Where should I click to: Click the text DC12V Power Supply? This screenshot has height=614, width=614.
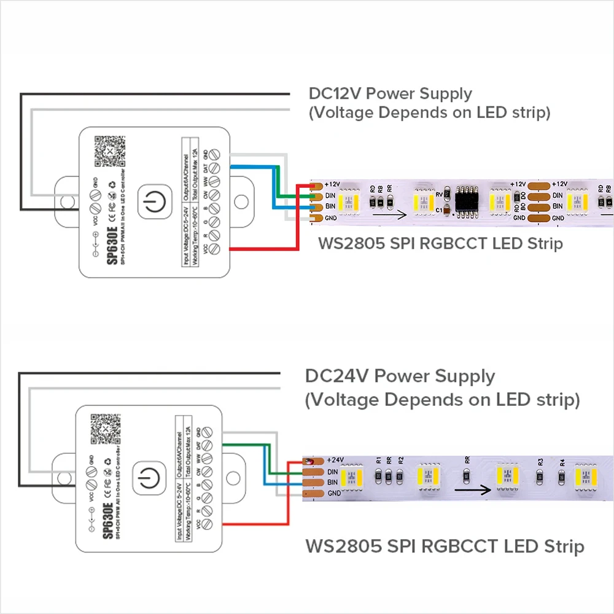(x=390, y=94)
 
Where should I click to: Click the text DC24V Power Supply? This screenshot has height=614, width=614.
(x=400, y=376)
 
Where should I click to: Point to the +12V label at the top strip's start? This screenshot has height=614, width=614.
(x=333, y=184)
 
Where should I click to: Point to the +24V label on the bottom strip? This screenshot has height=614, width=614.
(x=336, y=460)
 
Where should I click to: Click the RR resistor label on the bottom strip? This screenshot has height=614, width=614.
(x=467, y=459)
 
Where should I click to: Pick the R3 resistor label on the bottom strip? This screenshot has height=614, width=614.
(x=540, y=461)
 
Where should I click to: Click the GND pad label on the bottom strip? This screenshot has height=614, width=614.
(x=334, y=494)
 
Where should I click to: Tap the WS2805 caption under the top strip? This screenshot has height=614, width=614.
(x=440, y=243)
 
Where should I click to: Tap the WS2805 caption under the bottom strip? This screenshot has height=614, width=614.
(x=444, y=545)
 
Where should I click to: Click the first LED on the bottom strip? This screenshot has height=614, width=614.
(x=351, y=477)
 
